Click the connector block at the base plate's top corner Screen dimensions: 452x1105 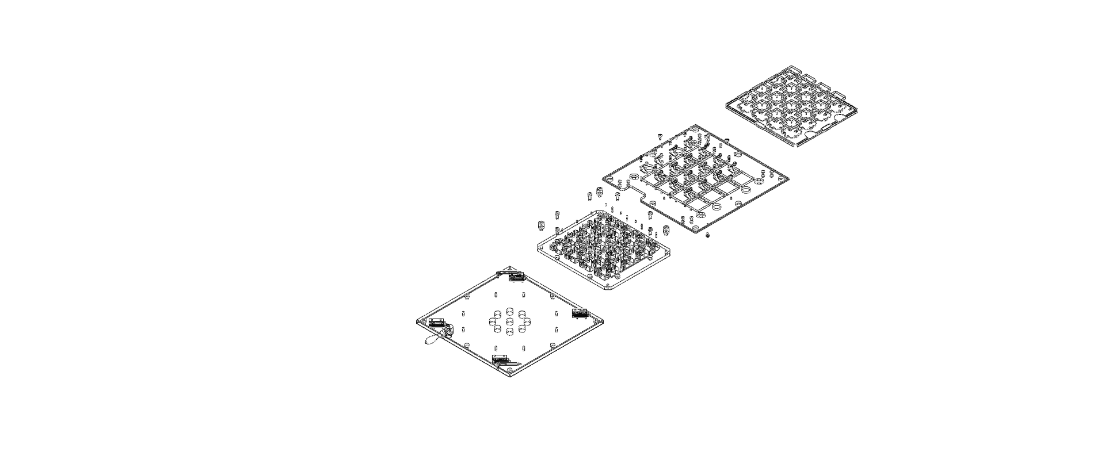515,277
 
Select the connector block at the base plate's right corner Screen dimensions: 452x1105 580,313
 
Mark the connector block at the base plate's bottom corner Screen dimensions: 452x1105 500,359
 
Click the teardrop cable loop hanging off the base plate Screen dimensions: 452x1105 430,341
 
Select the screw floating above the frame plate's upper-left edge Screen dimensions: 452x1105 660,136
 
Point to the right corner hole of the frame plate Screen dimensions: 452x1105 781,179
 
